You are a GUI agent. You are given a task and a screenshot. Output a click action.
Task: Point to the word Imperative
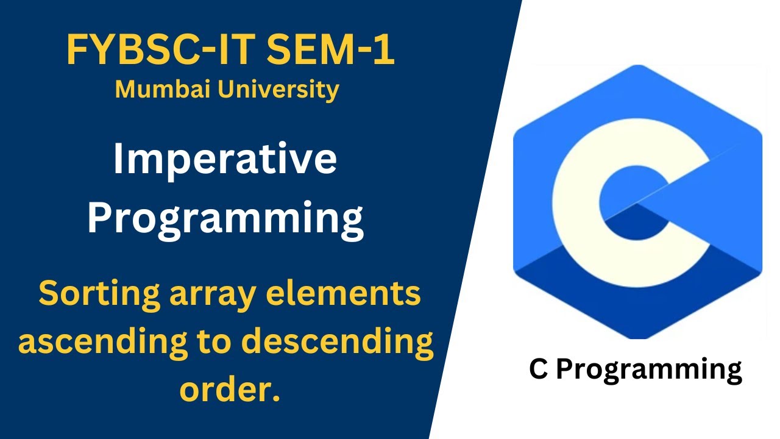pos(225,160)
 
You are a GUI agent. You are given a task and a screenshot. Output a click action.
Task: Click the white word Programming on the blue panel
pos(225,218)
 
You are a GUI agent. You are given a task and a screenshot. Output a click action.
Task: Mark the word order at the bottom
pos(222,390)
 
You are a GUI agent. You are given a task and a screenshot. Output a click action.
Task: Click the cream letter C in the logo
pos(585,201)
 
